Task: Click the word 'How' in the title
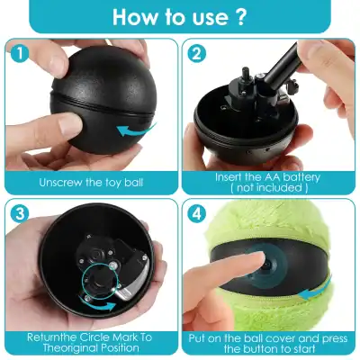pos(133,18)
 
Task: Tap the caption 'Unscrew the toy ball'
pos(91,182)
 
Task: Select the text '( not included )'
pos(268,190)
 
